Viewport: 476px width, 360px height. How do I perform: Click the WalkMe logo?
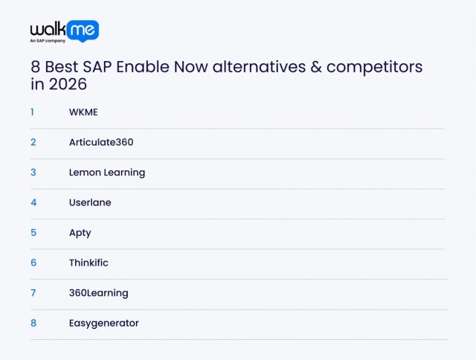pyautogui.click(x=64, y=30)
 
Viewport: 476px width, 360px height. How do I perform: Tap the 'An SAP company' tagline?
pyautogui.click(x=48, y=42)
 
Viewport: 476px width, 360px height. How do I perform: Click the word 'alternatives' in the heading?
pyautogui.click(x=257, y=67)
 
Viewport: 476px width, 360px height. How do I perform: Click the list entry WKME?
pyautogui.click(x=83, y=112)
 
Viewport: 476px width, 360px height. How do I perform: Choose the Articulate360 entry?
pyautogui.click(x=100, y=142)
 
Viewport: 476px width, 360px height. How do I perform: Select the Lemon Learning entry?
pyautogui.click(x=106, y=173)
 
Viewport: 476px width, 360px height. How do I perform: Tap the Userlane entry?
pyautogui.click(x=89, y=202)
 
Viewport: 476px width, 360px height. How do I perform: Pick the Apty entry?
pyautogui.click(x=80, y=233)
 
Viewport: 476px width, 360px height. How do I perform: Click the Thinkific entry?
pyautogui.click(x=88, y=263)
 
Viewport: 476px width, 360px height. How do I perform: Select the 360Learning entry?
pyautogui.click(x=98, y=293)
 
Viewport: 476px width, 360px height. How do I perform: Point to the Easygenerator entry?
pyautogui.click(x=103, y=323)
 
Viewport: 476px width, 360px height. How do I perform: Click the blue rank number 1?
pyautogui.click(x=33, y=112)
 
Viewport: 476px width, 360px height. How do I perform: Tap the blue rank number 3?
pyautogui.click(x=33, y=173)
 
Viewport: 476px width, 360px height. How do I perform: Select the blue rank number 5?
pyautogui.click(x=33, y=233)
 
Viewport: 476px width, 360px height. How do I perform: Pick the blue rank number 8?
pyautogui.click(x=33, y=323)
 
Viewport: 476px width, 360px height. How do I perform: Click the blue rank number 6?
pyautogui.click(x=33, y=263)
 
